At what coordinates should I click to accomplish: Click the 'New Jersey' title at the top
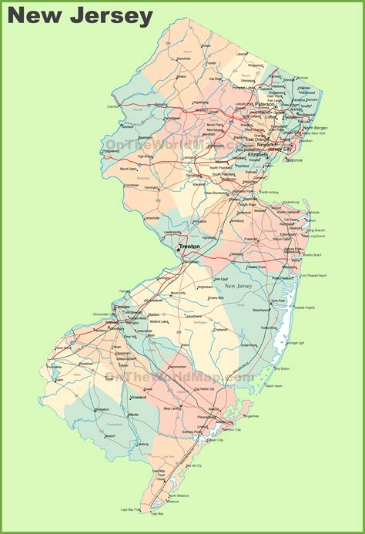click(x=82, y=16)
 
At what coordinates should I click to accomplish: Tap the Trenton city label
click(x=190, y=247)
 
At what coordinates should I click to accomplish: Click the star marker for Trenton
click(x=178, y=249)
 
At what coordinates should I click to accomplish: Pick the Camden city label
click(x=122, y=306)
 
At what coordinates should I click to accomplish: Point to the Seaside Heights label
click(x=317, y=307)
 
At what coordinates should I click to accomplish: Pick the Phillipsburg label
click(x=112, y=152)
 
